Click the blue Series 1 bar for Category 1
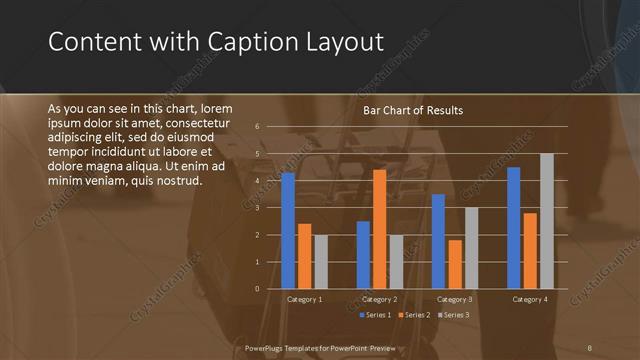click(288, 230)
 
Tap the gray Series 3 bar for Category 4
click(546, 221)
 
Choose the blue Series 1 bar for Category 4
click(514, 228)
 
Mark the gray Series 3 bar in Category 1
click(320, 262)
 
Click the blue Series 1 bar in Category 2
click(363, 255)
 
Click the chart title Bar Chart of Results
click(412, 110)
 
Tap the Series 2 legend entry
click(412, 315)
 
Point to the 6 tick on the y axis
click(257, 127)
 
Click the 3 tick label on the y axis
click(257, 208)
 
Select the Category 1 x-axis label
click(304, 299)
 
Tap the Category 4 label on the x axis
click(530, 299)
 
